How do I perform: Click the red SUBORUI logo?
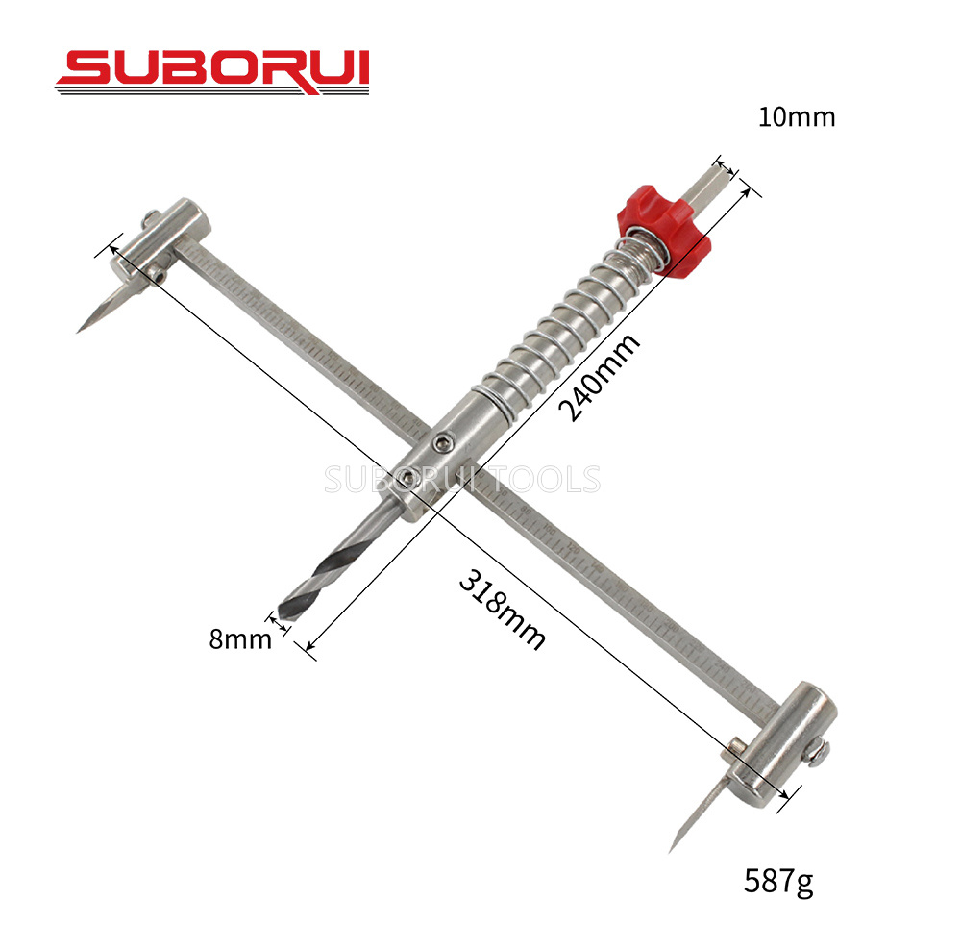coord(212,72)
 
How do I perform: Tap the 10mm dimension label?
coord(796,117)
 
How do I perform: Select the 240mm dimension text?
coord(600,377)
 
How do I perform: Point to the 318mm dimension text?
coord(502,609)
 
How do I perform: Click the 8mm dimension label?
coord(240,639)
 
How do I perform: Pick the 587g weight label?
coord(779,882)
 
